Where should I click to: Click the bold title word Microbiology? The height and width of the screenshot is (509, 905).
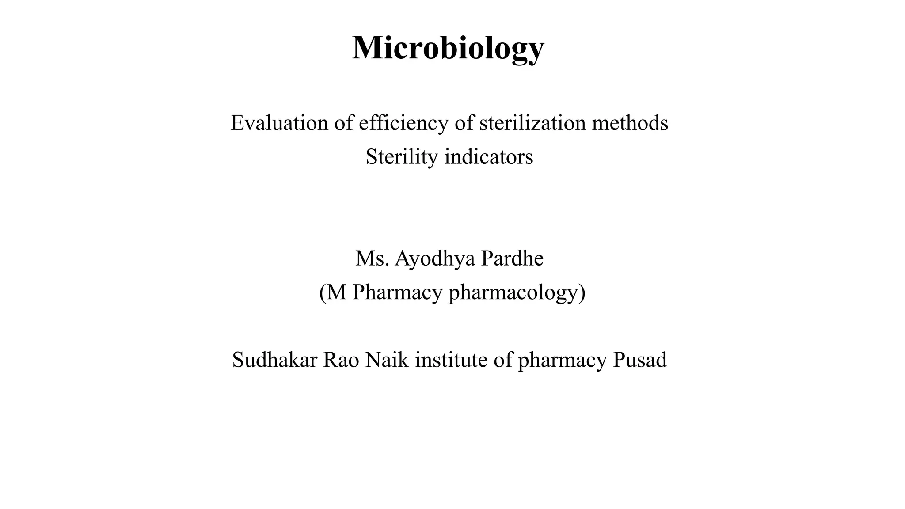point(448,48)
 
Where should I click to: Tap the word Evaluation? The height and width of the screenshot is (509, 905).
point(279,123)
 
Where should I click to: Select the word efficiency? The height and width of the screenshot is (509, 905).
point(403,123)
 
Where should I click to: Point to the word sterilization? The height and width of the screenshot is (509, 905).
point(532,123)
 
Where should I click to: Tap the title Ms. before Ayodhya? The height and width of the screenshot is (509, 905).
point(372,258)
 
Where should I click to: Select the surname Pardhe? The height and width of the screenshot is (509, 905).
point(512,258)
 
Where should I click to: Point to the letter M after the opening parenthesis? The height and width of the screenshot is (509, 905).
point(337,292)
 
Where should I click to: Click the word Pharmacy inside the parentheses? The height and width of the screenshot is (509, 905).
point(397,292)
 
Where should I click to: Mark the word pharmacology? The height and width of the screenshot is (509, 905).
point(513,292)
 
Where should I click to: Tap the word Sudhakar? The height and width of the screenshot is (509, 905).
point(274,360)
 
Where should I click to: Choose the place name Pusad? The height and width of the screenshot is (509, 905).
point(639,360)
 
